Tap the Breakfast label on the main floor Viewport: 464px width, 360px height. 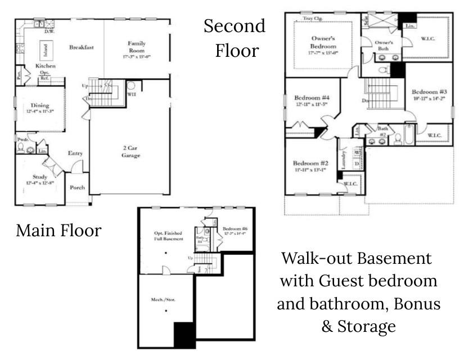click(82, 47)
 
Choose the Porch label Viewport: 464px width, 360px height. click(76, 189)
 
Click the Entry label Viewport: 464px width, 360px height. click(75, 153)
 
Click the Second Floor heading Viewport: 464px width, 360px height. click(235, 38)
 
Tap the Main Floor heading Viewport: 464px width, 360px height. click(58, 230)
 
